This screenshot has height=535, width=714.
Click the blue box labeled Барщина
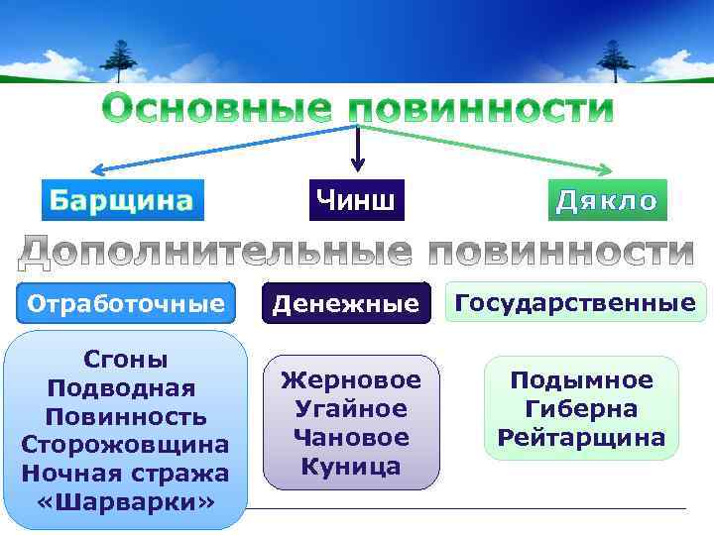122,201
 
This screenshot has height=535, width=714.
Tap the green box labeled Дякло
607,201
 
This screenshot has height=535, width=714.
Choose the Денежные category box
347,304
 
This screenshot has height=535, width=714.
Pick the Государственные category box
576,302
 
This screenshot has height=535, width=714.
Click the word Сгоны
126,359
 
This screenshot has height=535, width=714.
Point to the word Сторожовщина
125,443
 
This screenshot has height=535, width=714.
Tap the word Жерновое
351,379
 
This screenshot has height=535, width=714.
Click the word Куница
351,466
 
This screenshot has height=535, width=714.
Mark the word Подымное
581,380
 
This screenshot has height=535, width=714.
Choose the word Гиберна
581,408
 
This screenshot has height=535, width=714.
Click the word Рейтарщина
581,437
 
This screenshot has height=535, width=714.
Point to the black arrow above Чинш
357,150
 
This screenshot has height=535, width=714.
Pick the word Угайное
351,408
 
